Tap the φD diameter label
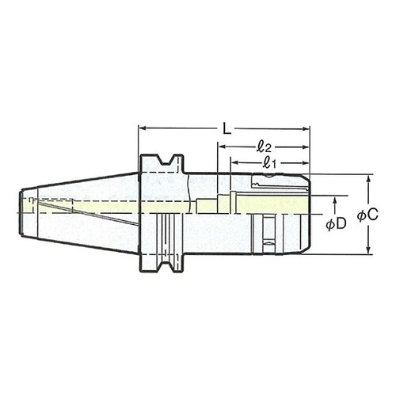tap(337, 224)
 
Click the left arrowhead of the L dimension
tap(142, 127)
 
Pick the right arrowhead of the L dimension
tap(306, 127)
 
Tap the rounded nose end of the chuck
tap(306, 214)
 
